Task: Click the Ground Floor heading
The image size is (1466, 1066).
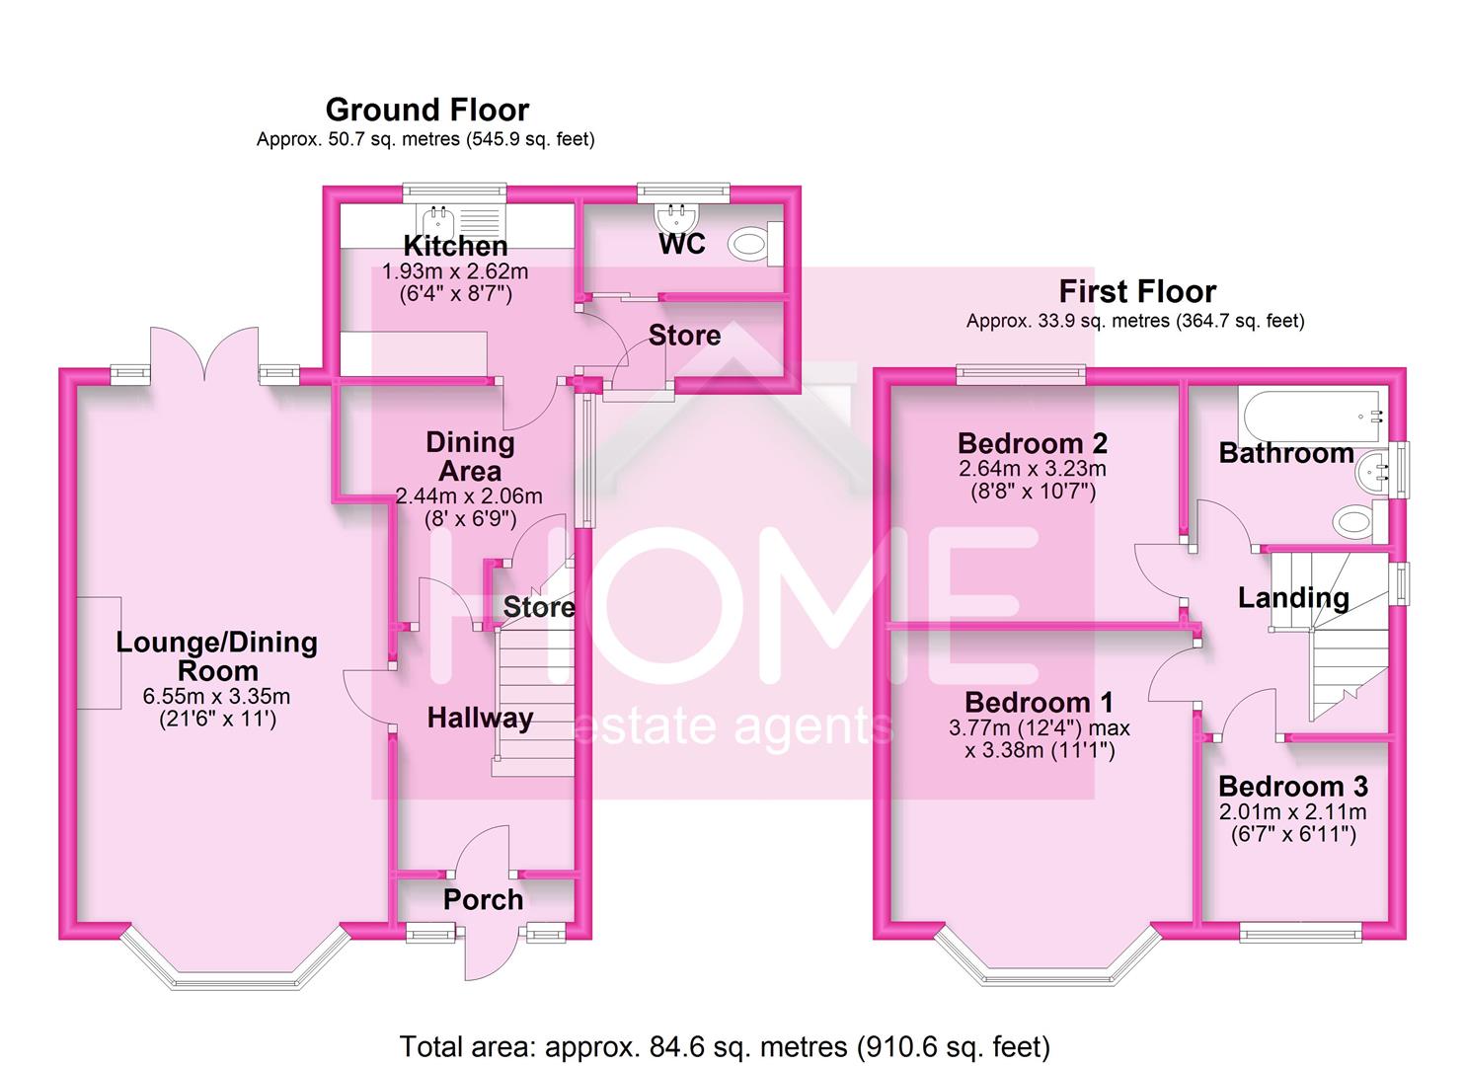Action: pyautogui.click(x=426, y=110)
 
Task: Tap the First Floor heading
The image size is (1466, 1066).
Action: pyautogui.click(x=1137, y=291)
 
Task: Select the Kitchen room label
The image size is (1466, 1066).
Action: pyautogui.click(x=455, y=246)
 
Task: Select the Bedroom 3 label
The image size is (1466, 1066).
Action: pyautogui.click(x=1292, y=787)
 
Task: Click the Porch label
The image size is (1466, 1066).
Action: pyautogui.click(x=483, y=899)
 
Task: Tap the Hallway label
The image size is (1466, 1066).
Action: pyautogui.click(x=480, y=718)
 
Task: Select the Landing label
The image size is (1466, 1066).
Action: pyautogui.click(x=1293, y=598)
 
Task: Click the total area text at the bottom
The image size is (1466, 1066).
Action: pyautogui.click(x=725, y=1045)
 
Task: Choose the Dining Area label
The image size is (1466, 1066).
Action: pyautogui.click(x=470, y=457)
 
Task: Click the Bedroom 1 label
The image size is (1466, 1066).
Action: pyautogui.click(x=1039, y=702)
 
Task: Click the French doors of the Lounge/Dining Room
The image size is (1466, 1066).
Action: pyautogui.click(x=204, y=355)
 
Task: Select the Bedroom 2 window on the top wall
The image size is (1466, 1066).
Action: pyautogui.click(x=1020, y=373)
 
